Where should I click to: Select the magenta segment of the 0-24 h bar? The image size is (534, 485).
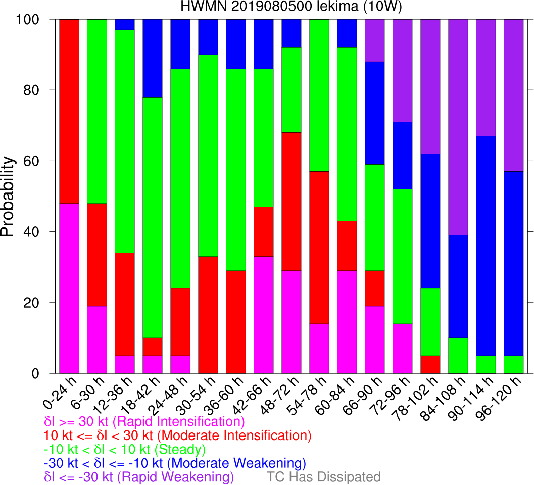[69, 288]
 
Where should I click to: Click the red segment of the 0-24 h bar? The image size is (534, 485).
[69, 111]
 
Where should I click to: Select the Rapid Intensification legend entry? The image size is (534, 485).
[144, 421]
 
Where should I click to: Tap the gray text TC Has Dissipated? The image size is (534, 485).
[323, 477]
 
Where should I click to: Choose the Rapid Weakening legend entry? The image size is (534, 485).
[139, 477]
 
